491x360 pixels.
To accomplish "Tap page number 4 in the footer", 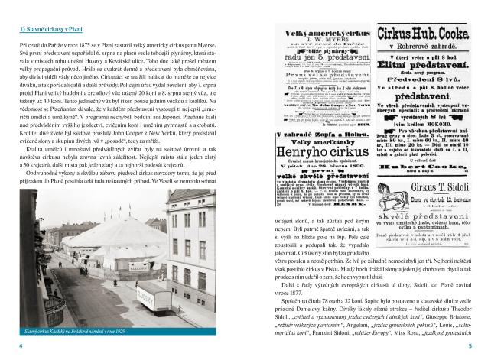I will point(20,346).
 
